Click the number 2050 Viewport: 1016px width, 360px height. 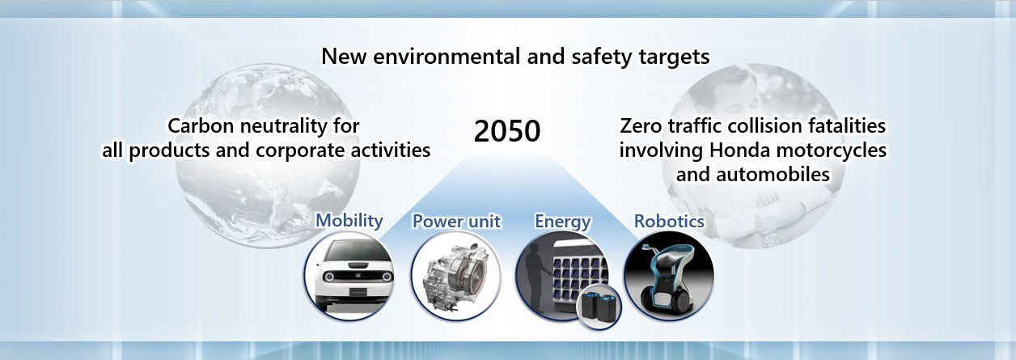click(x=507, y=132)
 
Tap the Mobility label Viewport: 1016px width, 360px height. click(x=349, y=221)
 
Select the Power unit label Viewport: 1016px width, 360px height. click(x=456, y=222)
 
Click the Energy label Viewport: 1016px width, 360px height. click(x=562, y=222)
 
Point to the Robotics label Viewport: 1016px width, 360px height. click(x=669, y=222)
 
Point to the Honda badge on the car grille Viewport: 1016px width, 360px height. click(x=357, y=276)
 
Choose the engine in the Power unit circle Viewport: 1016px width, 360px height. click(x=455, y=277)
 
